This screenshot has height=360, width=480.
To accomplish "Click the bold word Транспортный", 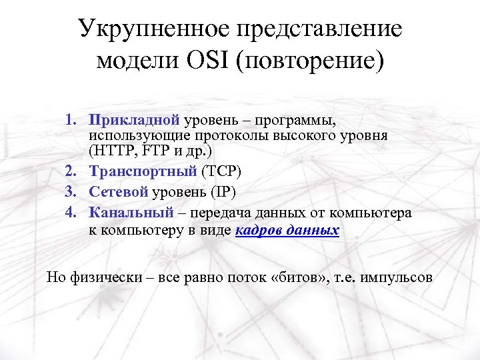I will (143, 173).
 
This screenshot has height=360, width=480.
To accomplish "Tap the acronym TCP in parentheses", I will (221, 173).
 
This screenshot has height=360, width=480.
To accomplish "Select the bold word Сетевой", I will (118, 193).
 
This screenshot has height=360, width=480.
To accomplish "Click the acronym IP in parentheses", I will (223, 193).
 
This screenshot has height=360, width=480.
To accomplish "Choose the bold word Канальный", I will (130, 213).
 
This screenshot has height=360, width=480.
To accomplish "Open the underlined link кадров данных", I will (287, 231).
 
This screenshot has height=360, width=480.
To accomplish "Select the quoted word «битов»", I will (299, 277).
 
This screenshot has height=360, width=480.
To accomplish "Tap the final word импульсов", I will (396, 277).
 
